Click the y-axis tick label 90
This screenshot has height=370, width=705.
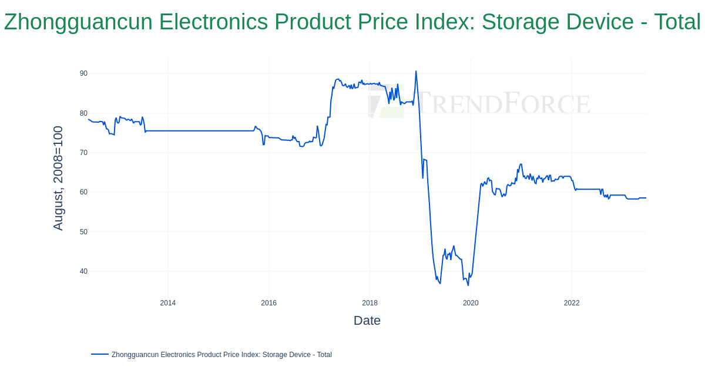coord(83,73)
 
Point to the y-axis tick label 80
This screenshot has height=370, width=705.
coord(83,113)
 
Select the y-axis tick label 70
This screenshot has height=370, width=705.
coord(83,153)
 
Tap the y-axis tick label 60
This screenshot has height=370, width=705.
coord(83,192)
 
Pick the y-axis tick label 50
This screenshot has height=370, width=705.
coord(83,232)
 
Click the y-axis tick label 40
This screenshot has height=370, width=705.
coord(83,271)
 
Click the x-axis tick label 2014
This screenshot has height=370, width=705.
coord(168,303)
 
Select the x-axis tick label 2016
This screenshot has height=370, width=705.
coord(269,303)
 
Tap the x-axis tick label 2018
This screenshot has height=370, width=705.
coord(370,303)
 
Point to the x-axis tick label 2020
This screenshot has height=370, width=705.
coord(471,303)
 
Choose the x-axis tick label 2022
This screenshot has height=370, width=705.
coord(572,303)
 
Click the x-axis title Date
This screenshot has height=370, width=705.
coord(367,321)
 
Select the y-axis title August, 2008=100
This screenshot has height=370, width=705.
coord(58,178)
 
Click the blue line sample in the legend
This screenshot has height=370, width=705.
coord(100,354)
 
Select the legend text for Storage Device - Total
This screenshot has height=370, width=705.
coord(221,355)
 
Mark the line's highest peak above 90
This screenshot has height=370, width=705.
coord(416,72)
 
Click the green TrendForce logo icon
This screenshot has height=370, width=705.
coord(387,101)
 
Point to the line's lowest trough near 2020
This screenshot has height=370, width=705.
coord(468,285)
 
